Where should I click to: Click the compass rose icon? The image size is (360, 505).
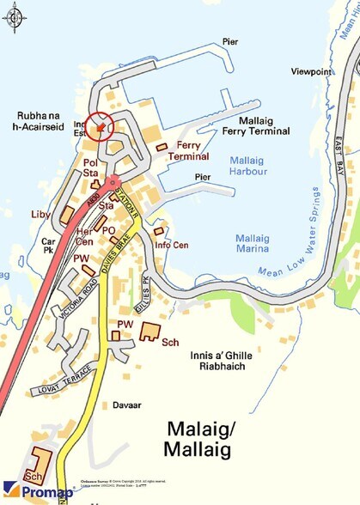14,15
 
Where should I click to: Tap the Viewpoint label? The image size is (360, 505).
310,71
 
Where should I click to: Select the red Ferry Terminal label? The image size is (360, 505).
187,151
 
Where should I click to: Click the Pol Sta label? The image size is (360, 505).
90,167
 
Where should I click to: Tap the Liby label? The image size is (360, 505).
40,212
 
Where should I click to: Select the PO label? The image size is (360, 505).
108,231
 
